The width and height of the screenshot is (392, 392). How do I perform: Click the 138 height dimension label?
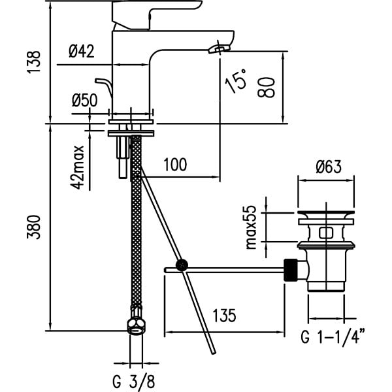(x=33, y=62)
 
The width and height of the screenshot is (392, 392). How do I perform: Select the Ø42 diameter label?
(x=82, y=51)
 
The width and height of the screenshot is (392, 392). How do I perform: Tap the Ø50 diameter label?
(x=84, y=100)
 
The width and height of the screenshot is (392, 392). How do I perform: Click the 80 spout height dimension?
(x=267, y=88)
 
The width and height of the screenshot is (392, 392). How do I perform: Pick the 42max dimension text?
(x=77, y=167)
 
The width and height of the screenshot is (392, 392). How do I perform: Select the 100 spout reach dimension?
(x=175, y=165)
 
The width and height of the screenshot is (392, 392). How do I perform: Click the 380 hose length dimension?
(x=33, y=227)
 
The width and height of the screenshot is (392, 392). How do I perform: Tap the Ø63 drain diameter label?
(x=328, y=167)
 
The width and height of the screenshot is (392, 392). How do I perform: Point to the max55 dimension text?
(x=251, y=227)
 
